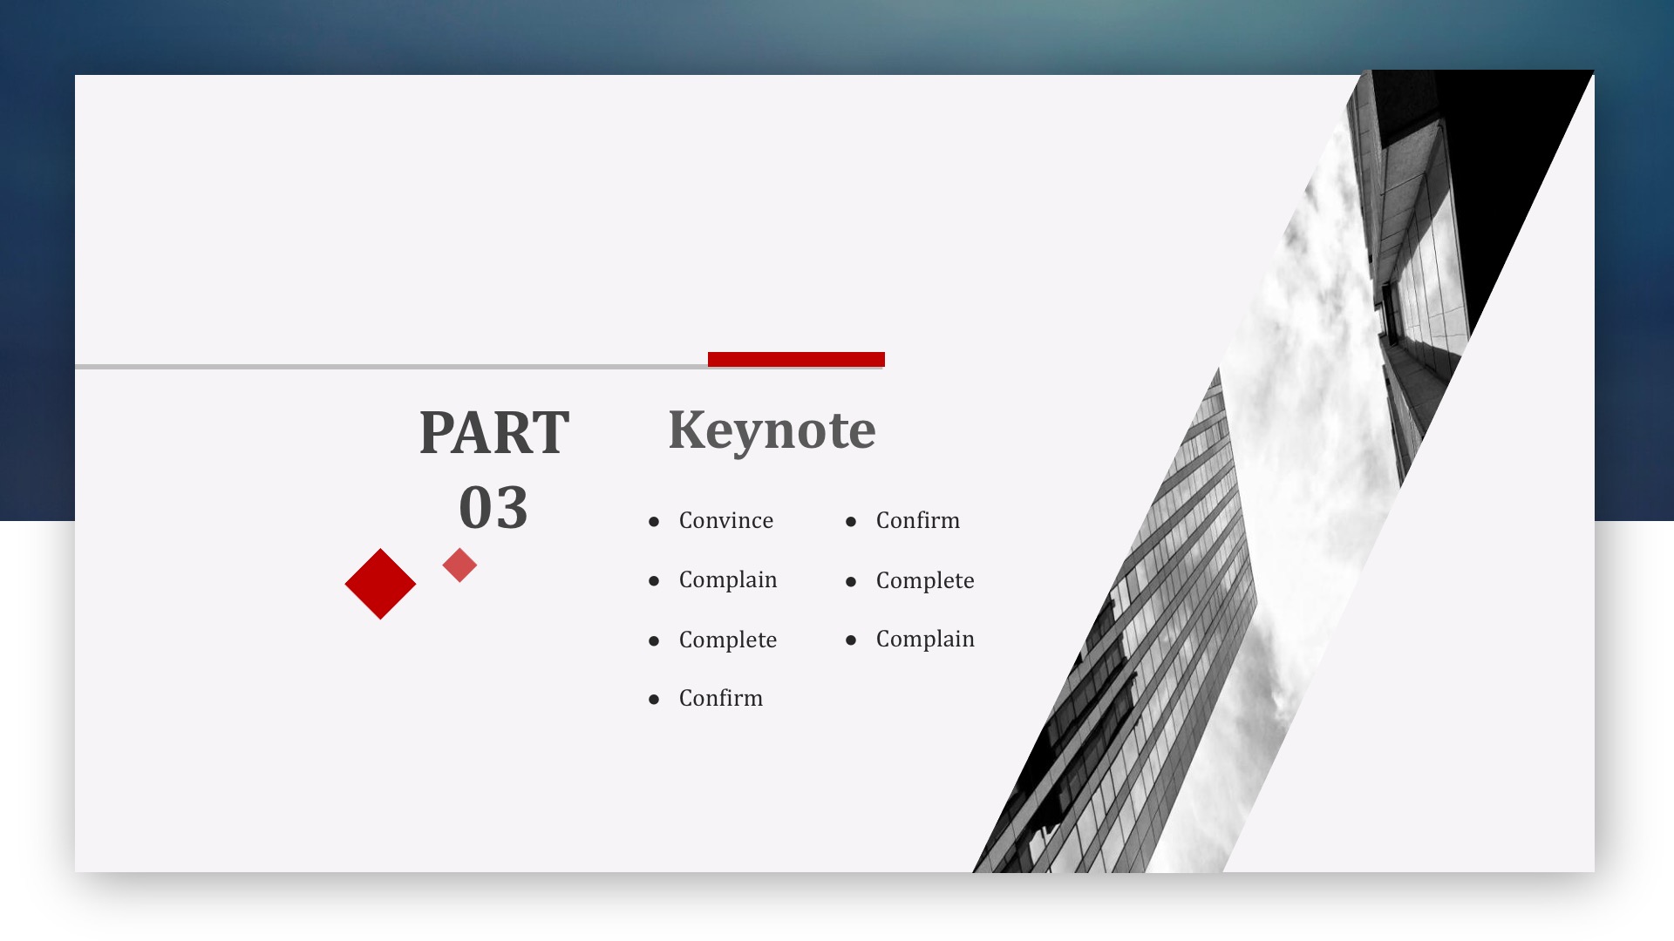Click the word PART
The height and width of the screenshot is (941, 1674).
tap(494, 432)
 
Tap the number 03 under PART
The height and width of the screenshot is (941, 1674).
tap(493, 507)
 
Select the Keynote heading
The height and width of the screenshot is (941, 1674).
tap(772, 430)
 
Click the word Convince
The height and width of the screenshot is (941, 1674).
tap(726, 520)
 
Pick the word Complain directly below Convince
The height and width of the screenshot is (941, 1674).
tap(728, 580)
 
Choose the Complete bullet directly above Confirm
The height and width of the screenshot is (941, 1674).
tap(728, 640)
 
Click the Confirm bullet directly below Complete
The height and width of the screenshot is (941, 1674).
tap(721, 698)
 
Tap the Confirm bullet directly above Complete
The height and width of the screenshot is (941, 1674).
tap(918, 520)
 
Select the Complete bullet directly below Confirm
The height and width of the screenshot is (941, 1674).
tap(925, 581)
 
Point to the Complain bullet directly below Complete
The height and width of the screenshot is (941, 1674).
tap(925, 640)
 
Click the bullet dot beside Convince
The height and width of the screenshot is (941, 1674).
tap(654, 522)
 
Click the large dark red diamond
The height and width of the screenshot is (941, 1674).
tap(380, 584)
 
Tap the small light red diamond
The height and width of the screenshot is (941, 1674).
tap(459, 565)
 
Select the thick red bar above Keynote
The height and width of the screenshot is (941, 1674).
tap(796, 359)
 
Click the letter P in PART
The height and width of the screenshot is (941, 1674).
tap(438, 432)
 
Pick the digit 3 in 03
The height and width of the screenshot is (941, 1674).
tap(512, 507)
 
